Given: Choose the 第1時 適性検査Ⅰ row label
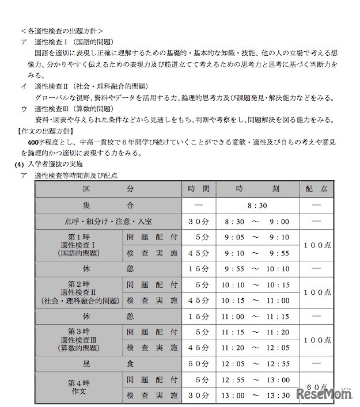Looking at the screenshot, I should (x=79, y=244).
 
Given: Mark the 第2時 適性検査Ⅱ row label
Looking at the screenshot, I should (x=79, y=292).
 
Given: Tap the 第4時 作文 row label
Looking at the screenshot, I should (x=79, y=388).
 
